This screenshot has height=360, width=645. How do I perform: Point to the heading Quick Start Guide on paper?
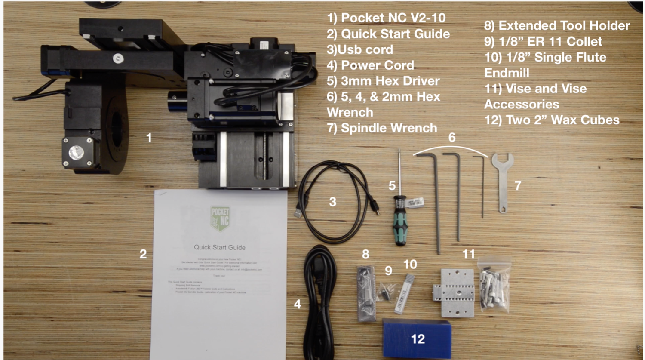(219, 247)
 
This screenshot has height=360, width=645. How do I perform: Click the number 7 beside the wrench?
(518, 186)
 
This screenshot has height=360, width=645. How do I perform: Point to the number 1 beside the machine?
(149, 138)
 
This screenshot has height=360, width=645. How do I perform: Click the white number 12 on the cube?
(418, 339)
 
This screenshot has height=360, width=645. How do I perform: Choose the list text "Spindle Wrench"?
(388, 128)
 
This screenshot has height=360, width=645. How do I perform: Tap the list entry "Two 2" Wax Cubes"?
(562, 120)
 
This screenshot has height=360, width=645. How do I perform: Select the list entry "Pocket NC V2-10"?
(393, 18)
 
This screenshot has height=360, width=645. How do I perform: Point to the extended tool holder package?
(366, 293)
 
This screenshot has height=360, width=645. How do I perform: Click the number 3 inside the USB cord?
(332, 202)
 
